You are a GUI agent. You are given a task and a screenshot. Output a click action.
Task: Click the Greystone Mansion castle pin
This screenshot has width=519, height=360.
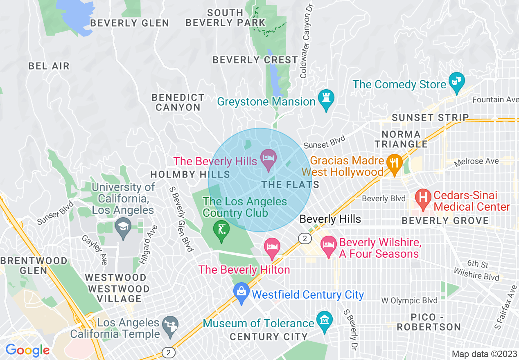coord(326,99)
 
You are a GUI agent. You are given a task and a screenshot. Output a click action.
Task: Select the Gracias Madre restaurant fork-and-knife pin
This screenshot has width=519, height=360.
coord(394,164)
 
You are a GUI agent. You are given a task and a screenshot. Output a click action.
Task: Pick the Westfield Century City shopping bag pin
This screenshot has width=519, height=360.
coord(241,293)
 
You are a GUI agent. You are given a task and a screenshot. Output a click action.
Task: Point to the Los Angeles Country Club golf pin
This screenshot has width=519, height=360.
coord(221,231)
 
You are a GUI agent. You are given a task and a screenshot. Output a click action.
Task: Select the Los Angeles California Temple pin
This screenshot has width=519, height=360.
coord(169,326)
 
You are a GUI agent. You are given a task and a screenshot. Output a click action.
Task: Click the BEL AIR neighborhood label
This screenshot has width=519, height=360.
coord(49,66)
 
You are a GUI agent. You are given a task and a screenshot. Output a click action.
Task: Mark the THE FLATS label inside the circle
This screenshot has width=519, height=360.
coord(290,185)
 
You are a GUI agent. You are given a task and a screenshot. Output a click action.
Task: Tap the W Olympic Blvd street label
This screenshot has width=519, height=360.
coord(409,301)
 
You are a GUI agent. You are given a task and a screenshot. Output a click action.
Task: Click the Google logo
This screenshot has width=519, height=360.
coord(27,351)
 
